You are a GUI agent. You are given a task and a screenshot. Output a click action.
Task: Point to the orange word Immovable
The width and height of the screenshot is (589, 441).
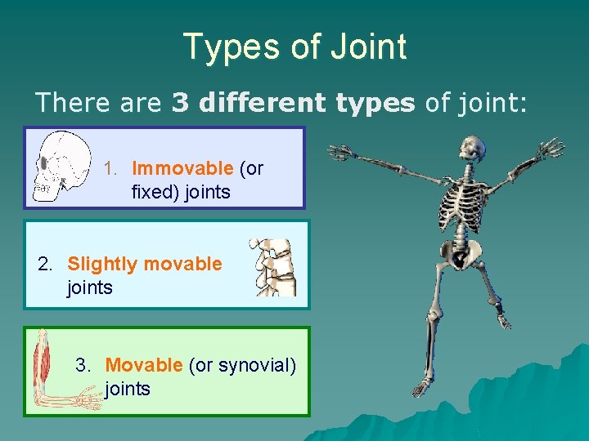(x=182, y=169)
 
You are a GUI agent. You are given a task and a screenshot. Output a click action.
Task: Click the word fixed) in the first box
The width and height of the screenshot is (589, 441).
(x=155, y=193)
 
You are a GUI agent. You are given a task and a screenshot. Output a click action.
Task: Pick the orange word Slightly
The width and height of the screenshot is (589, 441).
(x=103, y=264)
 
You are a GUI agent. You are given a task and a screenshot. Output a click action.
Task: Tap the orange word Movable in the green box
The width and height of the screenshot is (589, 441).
(x=144, y=365)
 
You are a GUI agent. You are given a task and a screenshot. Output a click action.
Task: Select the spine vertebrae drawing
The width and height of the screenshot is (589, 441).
(x=273, y=267)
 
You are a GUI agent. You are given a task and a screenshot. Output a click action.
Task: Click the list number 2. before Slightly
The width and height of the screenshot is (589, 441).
(x=47, y=264)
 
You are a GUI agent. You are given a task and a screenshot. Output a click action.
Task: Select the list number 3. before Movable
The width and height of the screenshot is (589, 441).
(x=84, y=365)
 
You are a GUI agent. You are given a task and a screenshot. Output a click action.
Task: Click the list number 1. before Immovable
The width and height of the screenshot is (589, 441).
(x=112, y=169)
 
